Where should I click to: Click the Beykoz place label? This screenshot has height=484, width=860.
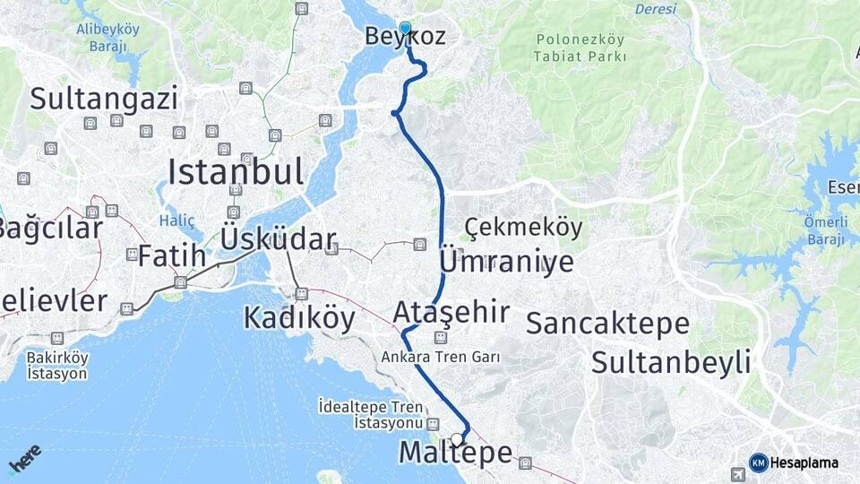[x=405, y=37]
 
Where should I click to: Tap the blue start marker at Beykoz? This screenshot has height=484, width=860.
[x=405, y=28]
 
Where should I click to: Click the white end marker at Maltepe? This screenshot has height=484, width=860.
[x=457, y=439]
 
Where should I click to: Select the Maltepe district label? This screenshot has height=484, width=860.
[x=455, y=454]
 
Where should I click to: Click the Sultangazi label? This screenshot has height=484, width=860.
[x=104, y=99]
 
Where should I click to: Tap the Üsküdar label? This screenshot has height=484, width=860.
[x=278, y=239]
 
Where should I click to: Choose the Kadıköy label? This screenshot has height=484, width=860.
[x=299, y=318]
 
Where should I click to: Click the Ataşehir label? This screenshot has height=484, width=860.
[x=451, y=312]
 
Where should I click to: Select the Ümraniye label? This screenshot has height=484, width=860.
[x=507, y=262]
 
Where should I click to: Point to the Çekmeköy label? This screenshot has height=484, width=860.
[x=524, y=228]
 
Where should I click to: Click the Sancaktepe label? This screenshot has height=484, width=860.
[x=607, y=324]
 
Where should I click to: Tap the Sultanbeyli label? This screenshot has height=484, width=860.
[x=670, y=363]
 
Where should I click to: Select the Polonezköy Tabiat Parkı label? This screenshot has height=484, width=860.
[x=581, y=48]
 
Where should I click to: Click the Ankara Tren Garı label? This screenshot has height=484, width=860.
[x=440, y=357]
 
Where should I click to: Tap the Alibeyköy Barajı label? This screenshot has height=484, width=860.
[x=107, y=37]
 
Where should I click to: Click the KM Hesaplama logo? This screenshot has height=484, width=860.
[x=794, y=462]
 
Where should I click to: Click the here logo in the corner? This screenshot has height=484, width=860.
[x=24, y=460]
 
